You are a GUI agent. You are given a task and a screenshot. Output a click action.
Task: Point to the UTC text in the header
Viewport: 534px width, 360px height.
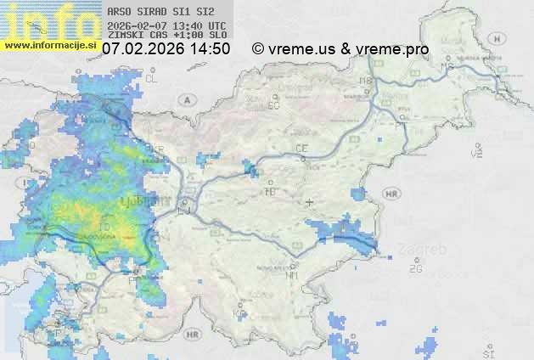(216, 25)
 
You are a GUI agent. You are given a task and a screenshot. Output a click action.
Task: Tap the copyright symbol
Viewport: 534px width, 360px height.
(258, 49)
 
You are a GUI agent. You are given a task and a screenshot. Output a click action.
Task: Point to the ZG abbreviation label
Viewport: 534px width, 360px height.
(415, 268)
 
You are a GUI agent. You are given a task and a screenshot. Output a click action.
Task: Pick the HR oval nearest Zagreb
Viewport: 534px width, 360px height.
(391, 194)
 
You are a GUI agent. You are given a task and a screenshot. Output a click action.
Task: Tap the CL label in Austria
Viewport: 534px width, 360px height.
(153, 77)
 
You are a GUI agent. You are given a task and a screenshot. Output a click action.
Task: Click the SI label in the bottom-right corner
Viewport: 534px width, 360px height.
(487, 352)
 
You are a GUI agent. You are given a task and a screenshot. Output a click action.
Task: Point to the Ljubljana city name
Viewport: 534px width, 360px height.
(153, 200)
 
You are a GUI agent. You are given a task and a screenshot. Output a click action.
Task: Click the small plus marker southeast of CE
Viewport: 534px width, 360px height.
(310, 202)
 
